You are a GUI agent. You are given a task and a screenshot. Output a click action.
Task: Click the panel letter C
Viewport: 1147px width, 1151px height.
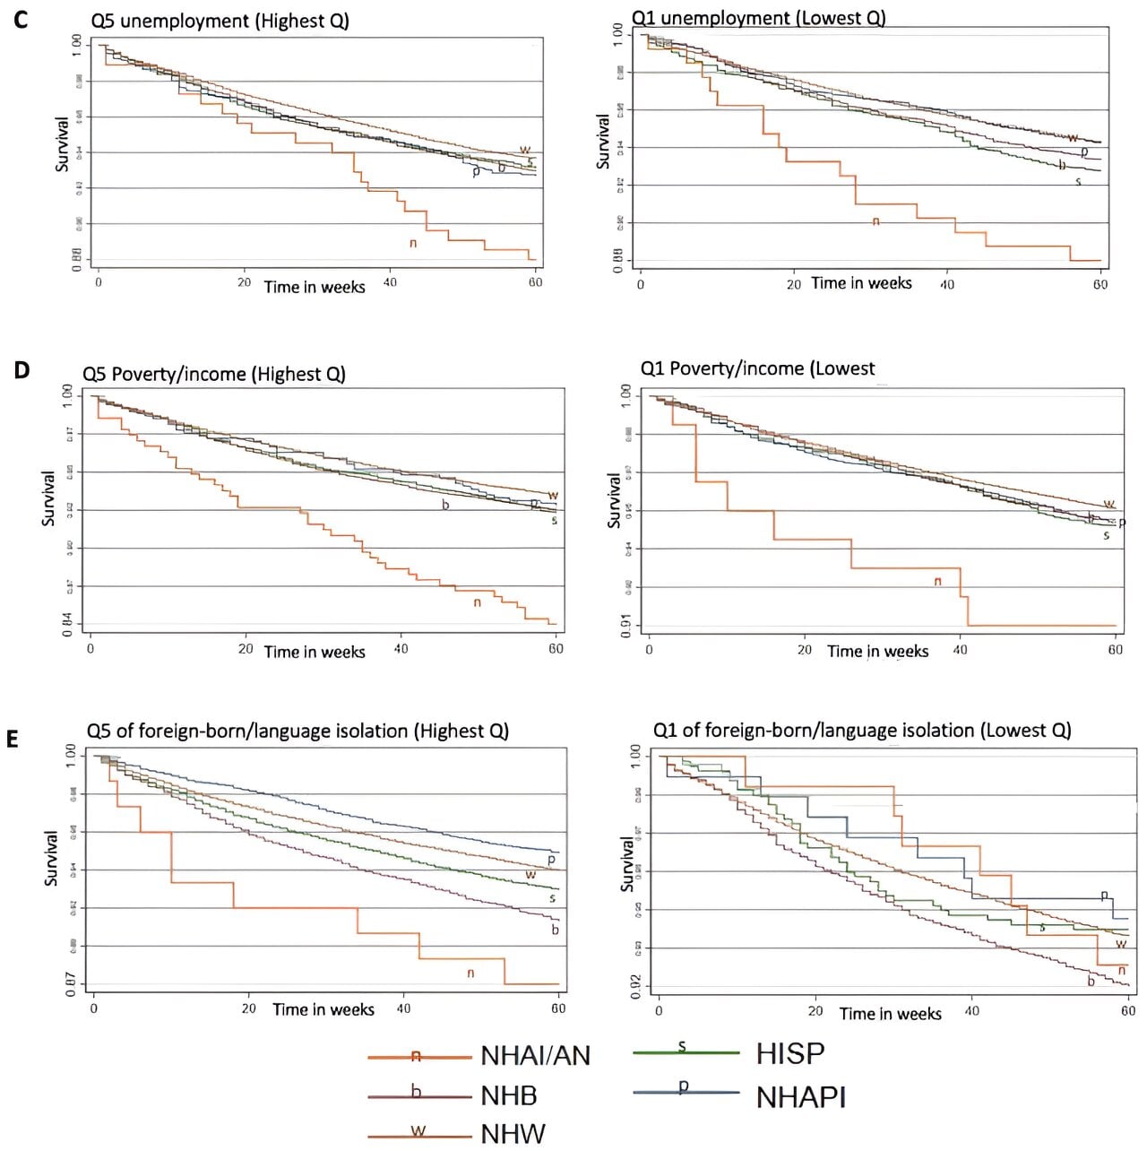pos(20,19)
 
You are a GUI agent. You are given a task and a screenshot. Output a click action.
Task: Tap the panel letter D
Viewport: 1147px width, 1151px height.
pos(22,368)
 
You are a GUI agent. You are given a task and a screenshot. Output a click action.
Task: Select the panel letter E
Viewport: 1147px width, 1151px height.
pos(13,739)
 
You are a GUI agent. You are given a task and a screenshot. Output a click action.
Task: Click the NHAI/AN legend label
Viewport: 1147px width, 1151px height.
pos(535,1056)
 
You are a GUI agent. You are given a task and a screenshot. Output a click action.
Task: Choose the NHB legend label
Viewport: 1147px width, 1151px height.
pos(508,1095)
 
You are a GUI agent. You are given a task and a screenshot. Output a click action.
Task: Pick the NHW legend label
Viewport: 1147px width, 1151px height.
pos(513,1134)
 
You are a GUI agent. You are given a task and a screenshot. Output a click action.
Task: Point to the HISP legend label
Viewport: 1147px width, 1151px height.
pos(789,1053)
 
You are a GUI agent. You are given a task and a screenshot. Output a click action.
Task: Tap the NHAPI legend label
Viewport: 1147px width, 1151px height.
pos(800,1097)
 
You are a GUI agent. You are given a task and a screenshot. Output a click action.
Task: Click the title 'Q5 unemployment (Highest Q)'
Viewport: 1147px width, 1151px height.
pos(220,21)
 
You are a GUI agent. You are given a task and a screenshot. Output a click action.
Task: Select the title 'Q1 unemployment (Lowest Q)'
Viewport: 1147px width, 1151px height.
pos(758,18)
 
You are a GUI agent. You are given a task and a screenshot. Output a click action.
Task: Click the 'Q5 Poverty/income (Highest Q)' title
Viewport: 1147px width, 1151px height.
pos(214,374)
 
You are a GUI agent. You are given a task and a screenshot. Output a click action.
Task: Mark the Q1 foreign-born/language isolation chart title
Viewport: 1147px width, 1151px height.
pos(861,730)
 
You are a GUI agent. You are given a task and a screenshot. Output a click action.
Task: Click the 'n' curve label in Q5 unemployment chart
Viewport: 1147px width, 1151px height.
pos(413,243)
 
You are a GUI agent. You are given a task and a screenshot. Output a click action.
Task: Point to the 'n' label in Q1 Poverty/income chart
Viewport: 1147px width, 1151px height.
pos(938,581)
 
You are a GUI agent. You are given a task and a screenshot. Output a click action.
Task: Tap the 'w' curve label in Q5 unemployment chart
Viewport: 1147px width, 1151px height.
pos(525,150)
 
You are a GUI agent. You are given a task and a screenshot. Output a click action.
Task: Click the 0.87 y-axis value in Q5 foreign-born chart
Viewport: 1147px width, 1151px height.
pos(71,984)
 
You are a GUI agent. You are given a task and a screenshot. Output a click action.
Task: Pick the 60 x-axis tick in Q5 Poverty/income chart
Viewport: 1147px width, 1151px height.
pos(556,648)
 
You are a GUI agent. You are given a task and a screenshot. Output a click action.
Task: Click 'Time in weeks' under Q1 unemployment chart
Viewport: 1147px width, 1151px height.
pos(861,283)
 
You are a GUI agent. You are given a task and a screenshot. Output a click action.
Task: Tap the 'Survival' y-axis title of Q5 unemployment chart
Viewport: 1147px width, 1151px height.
pos(62,144)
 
